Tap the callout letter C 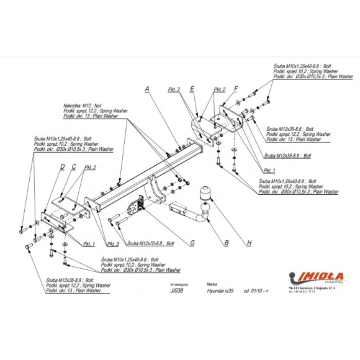(x=74, y=166)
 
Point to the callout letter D (x=62, y=166)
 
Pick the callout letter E (x=193, y=89)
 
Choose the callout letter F (x=236, y=89)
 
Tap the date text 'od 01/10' (x=254, y=290)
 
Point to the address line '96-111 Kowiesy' (x=308, y=289)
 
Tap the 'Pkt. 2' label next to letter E (x=220, y=89)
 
